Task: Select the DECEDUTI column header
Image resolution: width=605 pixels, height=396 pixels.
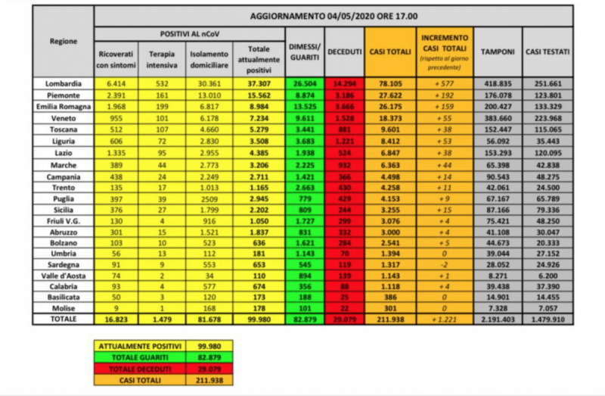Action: [344, 51]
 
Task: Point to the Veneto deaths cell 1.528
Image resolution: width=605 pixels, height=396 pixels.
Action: [344, 119]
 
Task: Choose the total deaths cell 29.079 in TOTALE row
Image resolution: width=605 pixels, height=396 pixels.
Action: [344, 320]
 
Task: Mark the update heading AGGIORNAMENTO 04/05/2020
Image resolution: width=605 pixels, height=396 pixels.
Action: [334, 17]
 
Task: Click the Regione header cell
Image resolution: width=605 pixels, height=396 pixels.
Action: [64, 41]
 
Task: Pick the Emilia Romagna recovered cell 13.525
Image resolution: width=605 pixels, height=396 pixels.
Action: [305, 106]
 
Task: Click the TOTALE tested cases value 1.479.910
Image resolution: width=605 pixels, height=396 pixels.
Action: [548, 320]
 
